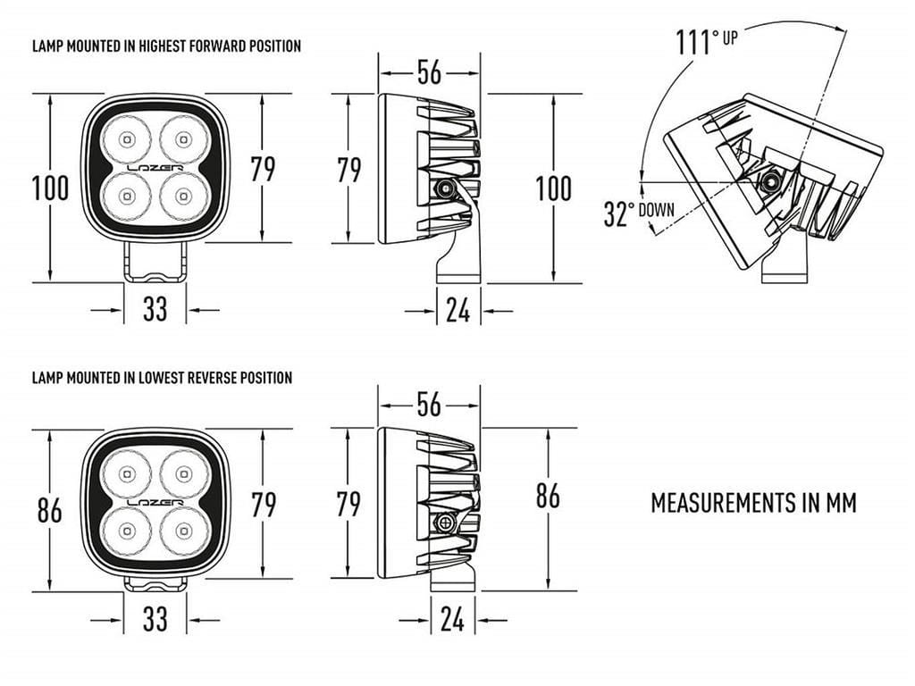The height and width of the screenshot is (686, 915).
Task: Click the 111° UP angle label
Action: coord(707,41)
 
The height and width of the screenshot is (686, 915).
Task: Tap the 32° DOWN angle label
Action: coord(639,213)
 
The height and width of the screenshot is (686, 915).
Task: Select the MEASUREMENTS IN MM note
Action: coord(753,503)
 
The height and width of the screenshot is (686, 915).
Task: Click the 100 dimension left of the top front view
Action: coord(50,188)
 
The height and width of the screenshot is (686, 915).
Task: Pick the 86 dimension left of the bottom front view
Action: coord(50,510)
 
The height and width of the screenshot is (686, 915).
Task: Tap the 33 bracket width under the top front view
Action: coord(155,309)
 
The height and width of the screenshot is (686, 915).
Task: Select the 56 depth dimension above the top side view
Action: coord(430,72)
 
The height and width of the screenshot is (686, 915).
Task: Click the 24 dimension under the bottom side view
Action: coord(453,619)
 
